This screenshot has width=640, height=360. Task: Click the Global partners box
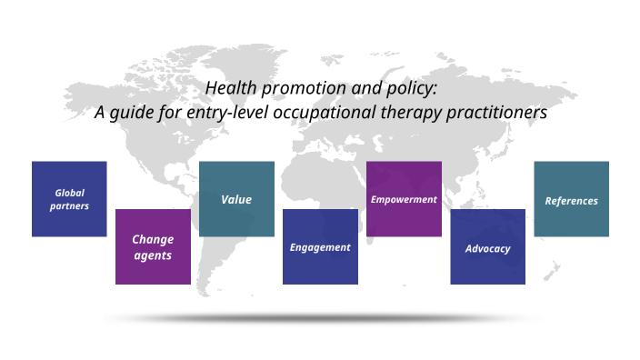click(x=69, y=199)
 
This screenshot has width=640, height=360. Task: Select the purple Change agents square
click(x=153, y=246)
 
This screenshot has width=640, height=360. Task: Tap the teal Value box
click(x=236, y=199)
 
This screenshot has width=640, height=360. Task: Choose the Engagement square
click(x=320, y=246)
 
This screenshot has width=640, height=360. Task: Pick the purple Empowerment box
click(x=404, y=199)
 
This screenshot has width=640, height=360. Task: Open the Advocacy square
click(x=487, y=247)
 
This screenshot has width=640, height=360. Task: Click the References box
click(x=571, y=199)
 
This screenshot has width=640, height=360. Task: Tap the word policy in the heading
click(x=415, y=89)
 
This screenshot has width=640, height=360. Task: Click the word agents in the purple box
click(x=153, y=255)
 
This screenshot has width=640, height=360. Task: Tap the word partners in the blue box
click(x=69, y=206)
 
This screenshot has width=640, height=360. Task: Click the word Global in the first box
click(x=69, y=193)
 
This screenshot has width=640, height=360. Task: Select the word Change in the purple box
click(x=153, y=239)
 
